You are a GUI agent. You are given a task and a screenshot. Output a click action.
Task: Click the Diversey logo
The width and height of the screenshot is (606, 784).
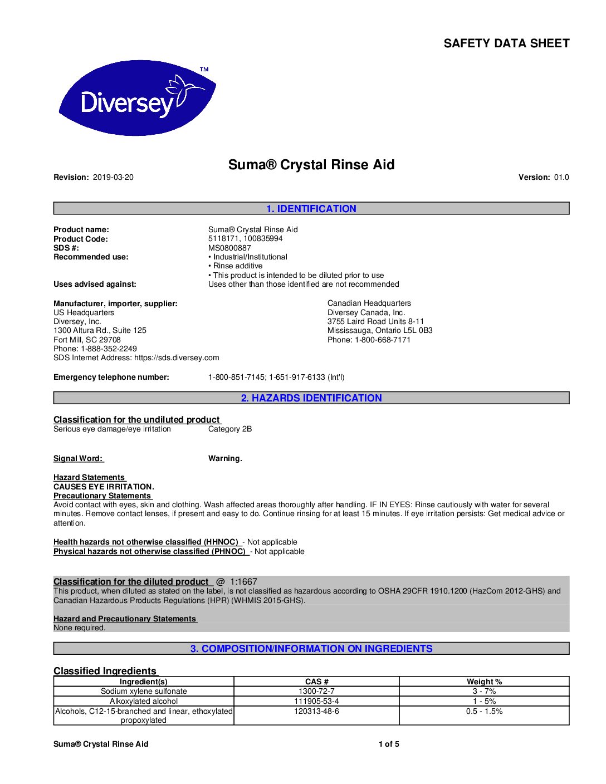[137, 99]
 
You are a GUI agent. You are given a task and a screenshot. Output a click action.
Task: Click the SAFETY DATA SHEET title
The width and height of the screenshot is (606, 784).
[506, 43]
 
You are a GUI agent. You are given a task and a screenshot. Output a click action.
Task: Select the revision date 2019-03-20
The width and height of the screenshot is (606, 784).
[113, 178]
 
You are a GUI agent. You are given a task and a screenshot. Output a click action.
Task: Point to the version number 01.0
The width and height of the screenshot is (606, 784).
[561, 178]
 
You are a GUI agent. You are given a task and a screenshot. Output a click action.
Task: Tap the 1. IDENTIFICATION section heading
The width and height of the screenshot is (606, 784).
[311, 209]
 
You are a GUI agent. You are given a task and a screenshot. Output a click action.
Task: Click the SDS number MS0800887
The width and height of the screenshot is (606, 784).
[229, 248]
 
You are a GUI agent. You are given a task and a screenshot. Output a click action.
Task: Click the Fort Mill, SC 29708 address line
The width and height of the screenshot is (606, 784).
[87, 340]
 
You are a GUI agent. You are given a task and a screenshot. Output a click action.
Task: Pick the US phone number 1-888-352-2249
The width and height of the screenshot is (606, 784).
[109, 349]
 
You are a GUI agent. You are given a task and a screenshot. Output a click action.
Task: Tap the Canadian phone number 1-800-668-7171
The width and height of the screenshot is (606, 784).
[383, 340]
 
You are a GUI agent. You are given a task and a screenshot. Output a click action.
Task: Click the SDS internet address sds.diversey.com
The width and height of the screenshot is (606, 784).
[177, 357]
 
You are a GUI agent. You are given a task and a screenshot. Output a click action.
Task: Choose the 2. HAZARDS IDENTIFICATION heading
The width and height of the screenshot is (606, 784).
[311, 398]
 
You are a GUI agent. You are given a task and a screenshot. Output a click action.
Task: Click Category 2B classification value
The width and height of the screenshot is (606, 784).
[230, 429]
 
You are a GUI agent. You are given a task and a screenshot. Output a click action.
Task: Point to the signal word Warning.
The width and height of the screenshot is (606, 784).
[225, 459]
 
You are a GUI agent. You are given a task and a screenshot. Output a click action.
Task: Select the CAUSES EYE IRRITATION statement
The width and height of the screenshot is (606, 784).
[104, 487]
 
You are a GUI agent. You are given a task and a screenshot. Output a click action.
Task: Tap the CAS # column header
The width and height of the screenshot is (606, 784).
[316, 682]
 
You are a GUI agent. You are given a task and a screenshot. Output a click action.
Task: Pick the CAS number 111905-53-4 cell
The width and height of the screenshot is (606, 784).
[316, 702]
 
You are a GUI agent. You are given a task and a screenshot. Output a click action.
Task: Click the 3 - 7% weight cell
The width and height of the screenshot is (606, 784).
[484, 692]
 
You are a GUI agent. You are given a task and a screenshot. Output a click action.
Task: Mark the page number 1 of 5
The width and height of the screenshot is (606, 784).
[389, 744]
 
